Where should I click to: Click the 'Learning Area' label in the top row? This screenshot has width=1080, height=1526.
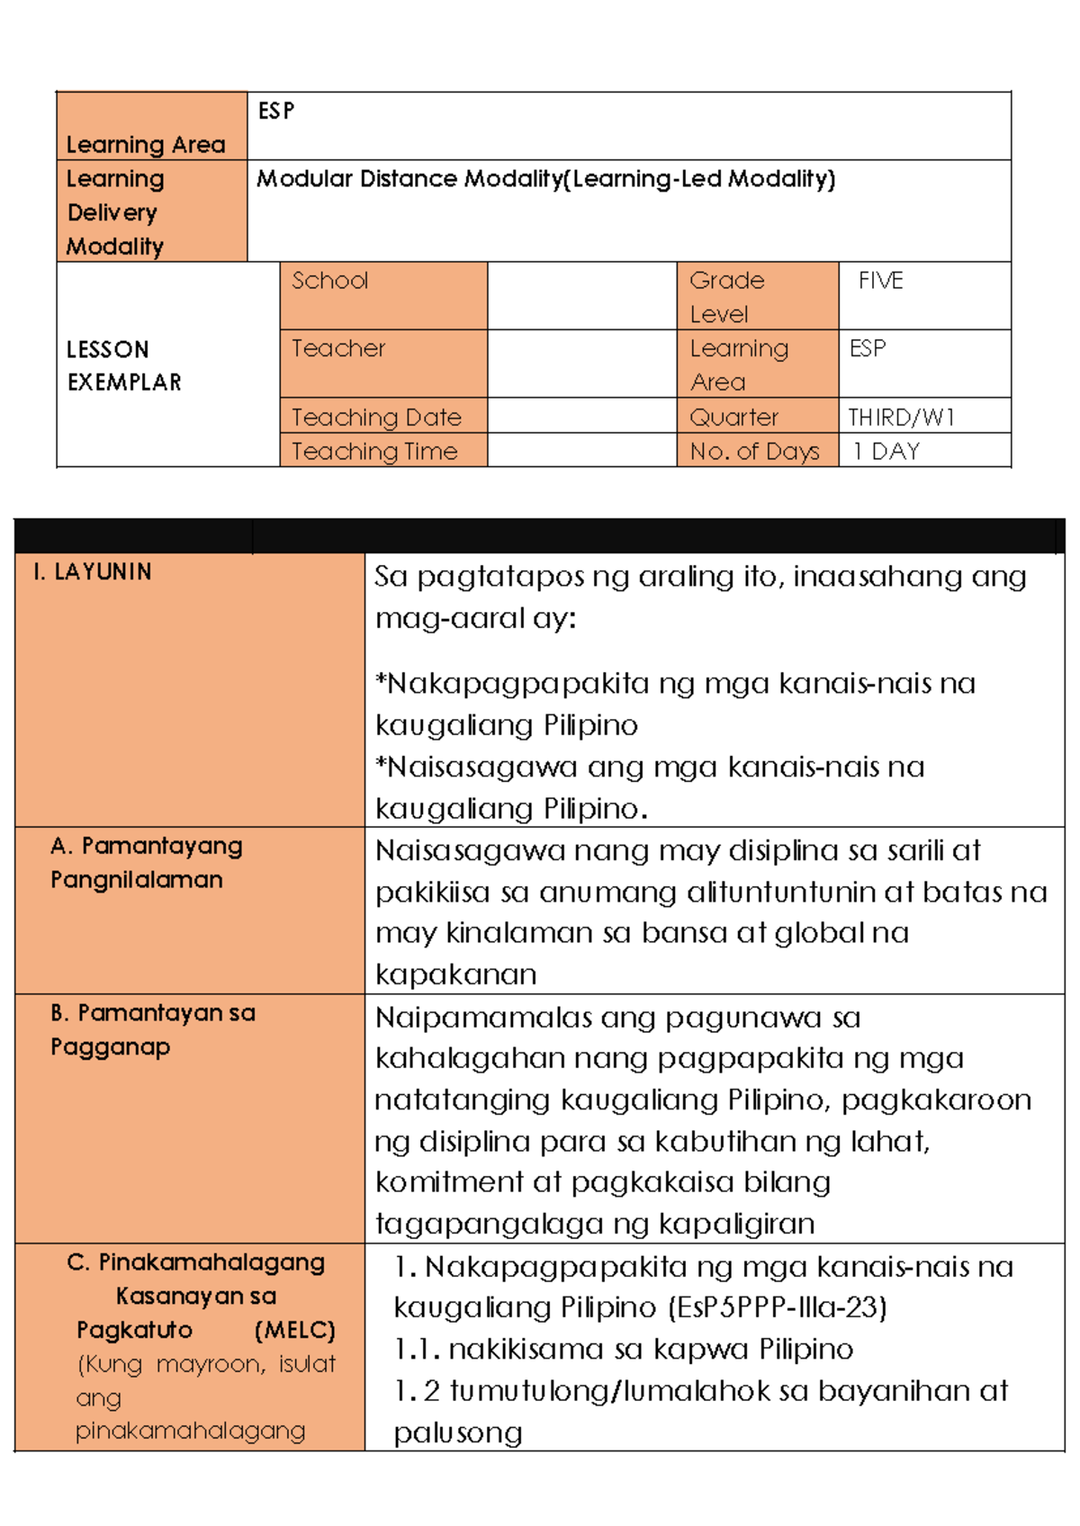click(145, 144)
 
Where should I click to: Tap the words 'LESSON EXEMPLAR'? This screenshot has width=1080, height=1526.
click(123, 365)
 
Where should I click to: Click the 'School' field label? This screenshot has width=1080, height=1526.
click(329, 281)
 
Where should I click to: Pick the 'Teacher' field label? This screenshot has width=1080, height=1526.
click(337, 348)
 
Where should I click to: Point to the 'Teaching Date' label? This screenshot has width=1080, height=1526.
click(375, 417)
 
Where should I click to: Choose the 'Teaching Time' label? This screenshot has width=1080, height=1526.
click(374, 452)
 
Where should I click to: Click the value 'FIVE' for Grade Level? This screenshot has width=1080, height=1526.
click(879, 281)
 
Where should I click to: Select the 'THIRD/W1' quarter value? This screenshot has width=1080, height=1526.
click(900, 417)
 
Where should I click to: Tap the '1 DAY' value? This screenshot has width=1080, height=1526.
click(886, 452)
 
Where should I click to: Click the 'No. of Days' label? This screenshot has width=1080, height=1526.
click(754, 452)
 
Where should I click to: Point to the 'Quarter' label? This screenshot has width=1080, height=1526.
click(733, 417)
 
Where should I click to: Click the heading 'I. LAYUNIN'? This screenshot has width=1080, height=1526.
click(92, 572)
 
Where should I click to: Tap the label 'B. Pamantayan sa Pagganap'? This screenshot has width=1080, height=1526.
click(152, 1029)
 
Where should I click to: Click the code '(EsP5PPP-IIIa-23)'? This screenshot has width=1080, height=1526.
click(778, 1306)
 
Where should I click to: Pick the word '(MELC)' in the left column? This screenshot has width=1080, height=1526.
click(294, 1330)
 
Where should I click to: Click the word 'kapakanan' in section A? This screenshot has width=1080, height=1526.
click(455, 974)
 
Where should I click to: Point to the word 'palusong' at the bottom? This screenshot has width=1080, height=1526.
click(458, 1432)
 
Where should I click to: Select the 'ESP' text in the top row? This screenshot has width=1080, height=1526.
click(275, 111)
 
